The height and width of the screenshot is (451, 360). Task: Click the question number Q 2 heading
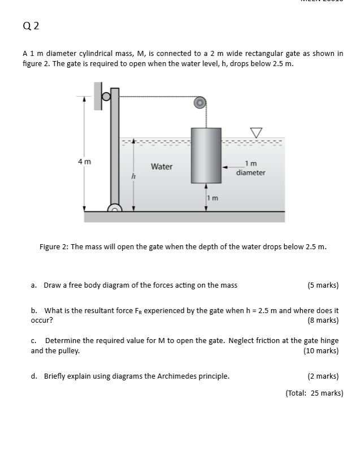tap(32, 25)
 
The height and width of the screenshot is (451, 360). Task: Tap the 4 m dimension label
tap(84, 162)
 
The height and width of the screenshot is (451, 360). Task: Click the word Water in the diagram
tap(162, 167)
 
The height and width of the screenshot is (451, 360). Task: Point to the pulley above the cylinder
tap(199, 102)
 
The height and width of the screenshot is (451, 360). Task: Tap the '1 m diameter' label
tap(251, 168)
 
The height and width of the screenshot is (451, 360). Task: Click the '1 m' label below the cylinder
tap(212, 198)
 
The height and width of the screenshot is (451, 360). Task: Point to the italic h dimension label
tap(133, 176)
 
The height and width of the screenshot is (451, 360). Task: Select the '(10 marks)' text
tap(321, 350)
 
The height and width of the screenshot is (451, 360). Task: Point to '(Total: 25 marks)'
tap(314, 393)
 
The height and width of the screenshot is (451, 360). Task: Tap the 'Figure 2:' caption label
tap(54, 246)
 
